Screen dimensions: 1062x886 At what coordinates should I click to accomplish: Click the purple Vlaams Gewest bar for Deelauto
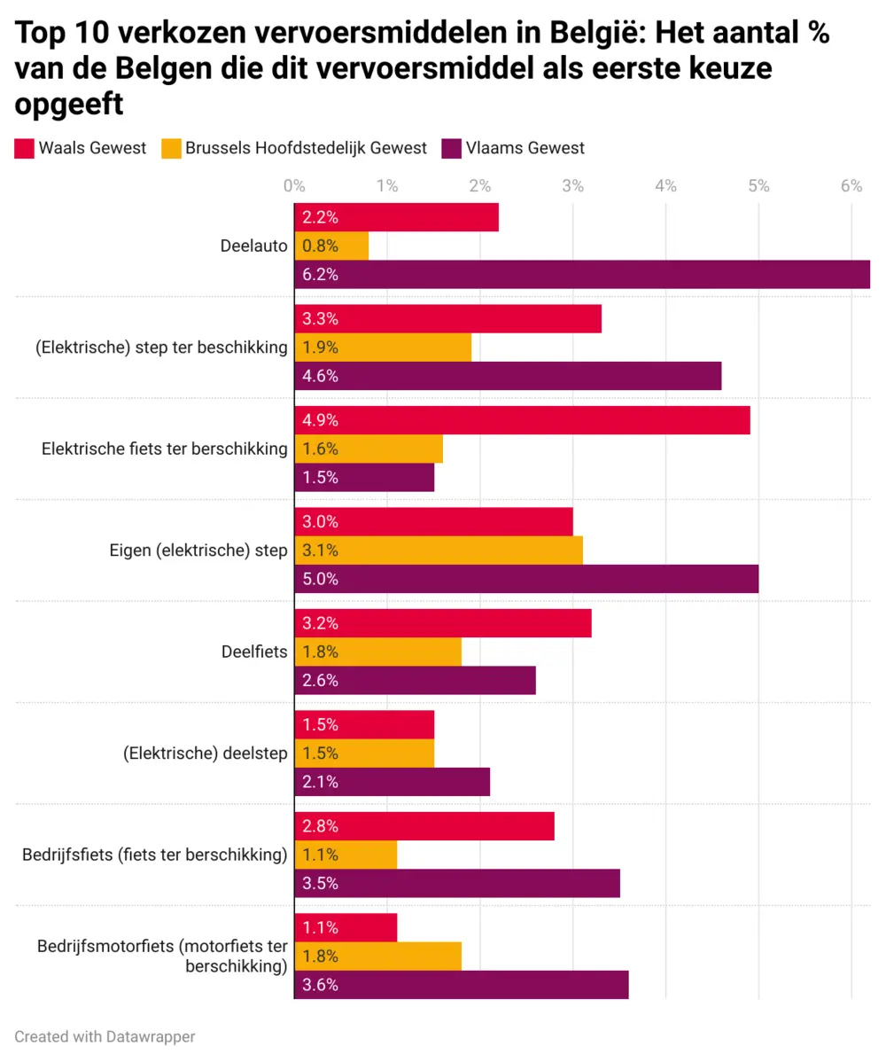coord(582,274)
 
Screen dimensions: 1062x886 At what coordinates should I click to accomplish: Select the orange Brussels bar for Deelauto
coord(331,246)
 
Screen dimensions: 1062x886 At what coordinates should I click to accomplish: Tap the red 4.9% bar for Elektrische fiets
coord(522,420)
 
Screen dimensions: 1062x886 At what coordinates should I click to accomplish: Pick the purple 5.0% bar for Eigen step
coord(526,579)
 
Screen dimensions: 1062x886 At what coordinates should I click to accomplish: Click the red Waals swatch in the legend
coord(24,148)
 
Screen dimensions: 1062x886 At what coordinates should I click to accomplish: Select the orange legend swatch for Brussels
coord(171,148)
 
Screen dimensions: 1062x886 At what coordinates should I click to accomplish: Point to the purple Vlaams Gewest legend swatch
coord(451,148)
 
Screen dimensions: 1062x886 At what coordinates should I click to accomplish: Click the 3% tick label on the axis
coord(572,186)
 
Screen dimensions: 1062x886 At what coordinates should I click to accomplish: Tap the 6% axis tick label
coord(851,186)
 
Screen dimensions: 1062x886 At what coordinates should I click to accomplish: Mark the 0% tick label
coord(294,186)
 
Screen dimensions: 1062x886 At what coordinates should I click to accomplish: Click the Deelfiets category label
coord(254,652)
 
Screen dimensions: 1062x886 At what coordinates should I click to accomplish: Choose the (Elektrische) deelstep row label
coord(206,754)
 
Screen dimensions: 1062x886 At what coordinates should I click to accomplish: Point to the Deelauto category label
coord(253,246)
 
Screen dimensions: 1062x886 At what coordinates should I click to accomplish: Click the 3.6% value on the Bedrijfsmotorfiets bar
coord(320,985)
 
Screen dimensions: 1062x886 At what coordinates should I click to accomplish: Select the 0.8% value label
coord(320,246)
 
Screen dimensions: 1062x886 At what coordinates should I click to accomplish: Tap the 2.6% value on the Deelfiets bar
coord(320,681)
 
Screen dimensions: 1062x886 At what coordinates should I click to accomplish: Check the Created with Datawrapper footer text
coord(105,1035)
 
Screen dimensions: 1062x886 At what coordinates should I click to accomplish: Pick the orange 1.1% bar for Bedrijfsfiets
coord(346,855)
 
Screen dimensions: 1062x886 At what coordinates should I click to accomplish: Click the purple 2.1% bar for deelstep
coord(392,782)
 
